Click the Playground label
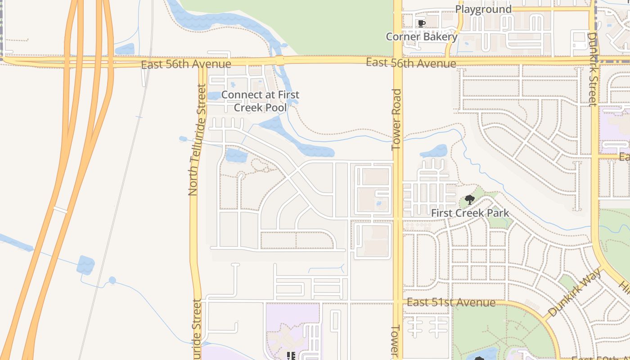tap(483, 9)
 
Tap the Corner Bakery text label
tap(422, 36)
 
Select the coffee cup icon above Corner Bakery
tap(421, 23)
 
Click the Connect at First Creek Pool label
tap(260, 101)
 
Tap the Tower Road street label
tap(396, 119)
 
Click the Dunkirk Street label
tap(593, 69)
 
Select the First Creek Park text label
tap(470, 213)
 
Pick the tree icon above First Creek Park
tap(469, 199)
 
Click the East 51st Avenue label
tap(451, 302)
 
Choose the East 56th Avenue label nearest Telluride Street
tap(186, 64)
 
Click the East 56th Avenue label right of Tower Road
tap(411, 63)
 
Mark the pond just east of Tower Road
tap(434, 151)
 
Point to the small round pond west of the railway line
tap(112, 280)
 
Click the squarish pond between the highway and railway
tap(85, 265)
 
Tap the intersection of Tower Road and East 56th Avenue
tap(398, 60)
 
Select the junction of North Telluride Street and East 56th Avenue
tap(201, 63)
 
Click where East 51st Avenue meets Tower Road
tap(398, 301)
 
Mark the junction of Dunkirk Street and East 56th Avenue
tap(594, 59)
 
